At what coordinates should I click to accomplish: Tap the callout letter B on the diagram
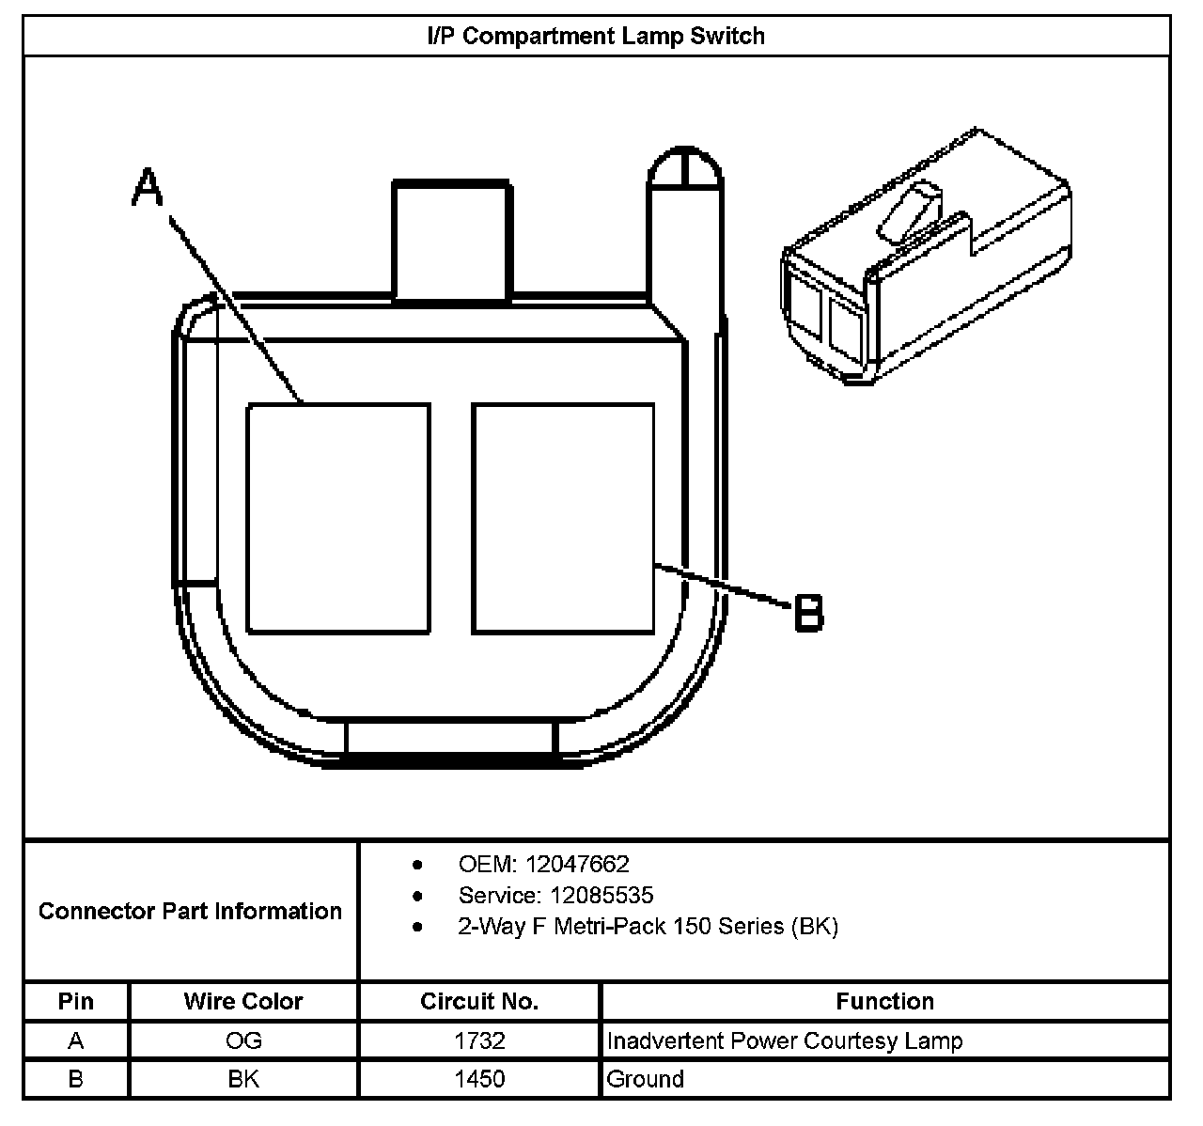(x=808, y=613)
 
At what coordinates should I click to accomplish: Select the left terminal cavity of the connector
(x=338, y=518)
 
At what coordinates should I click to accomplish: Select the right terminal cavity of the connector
(x=563, y=518)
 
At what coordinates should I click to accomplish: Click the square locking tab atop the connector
(x=452, y=242)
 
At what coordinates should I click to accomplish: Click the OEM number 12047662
(x=577, y=864)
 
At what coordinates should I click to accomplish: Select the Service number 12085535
(x=601, y=895)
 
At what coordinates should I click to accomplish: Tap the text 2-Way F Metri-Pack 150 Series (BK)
(x=648, y=927)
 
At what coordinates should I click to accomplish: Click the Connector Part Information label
(x=190, y=911)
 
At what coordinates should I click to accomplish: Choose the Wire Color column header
(x=243, y=1002)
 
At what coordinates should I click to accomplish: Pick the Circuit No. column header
(x=479, y=1002)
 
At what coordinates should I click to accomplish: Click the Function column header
(x=884, y=1002)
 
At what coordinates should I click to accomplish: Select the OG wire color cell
(x=243, y=1041)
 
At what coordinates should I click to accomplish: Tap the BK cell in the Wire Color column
(x=243, y=1079)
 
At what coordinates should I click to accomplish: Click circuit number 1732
(x=479, y=1041)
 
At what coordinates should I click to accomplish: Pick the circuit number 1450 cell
(x=479, y=1079)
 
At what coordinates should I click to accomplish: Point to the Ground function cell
(x=646, y=1079)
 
